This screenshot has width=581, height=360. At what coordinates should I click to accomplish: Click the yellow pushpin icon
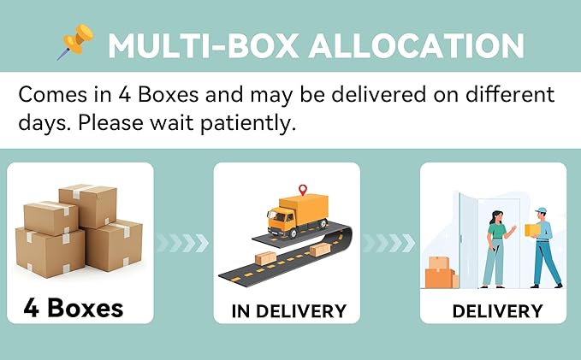click(77, 42)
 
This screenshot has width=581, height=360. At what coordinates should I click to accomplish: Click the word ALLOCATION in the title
click(417, 46)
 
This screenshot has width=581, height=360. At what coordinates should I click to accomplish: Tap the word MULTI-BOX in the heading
click(204, 46)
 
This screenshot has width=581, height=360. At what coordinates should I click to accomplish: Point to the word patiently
click(248, 123)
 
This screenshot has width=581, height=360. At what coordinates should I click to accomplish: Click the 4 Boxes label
click(74, 308)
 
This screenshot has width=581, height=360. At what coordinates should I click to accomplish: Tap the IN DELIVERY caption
click(289, 311)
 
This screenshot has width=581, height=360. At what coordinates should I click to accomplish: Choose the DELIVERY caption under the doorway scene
click(498, 311)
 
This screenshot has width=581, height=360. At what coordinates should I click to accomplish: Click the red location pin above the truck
click(303, 190)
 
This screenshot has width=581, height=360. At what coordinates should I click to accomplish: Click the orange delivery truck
click(298, 215)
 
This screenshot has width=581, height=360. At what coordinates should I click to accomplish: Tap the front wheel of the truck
click(293, 233)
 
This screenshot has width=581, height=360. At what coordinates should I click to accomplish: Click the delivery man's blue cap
click(541, 210)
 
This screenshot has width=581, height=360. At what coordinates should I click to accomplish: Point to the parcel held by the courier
click(532, 230)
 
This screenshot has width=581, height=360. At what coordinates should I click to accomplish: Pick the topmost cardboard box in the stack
click(88, 206)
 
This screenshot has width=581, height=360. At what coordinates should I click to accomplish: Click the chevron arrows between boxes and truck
click(182, 243)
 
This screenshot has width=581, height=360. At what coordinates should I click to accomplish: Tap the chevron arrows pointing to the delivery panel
click(389, 243)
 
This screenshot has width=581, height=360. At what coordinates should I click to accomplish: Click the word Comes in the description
click(52, 95)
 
